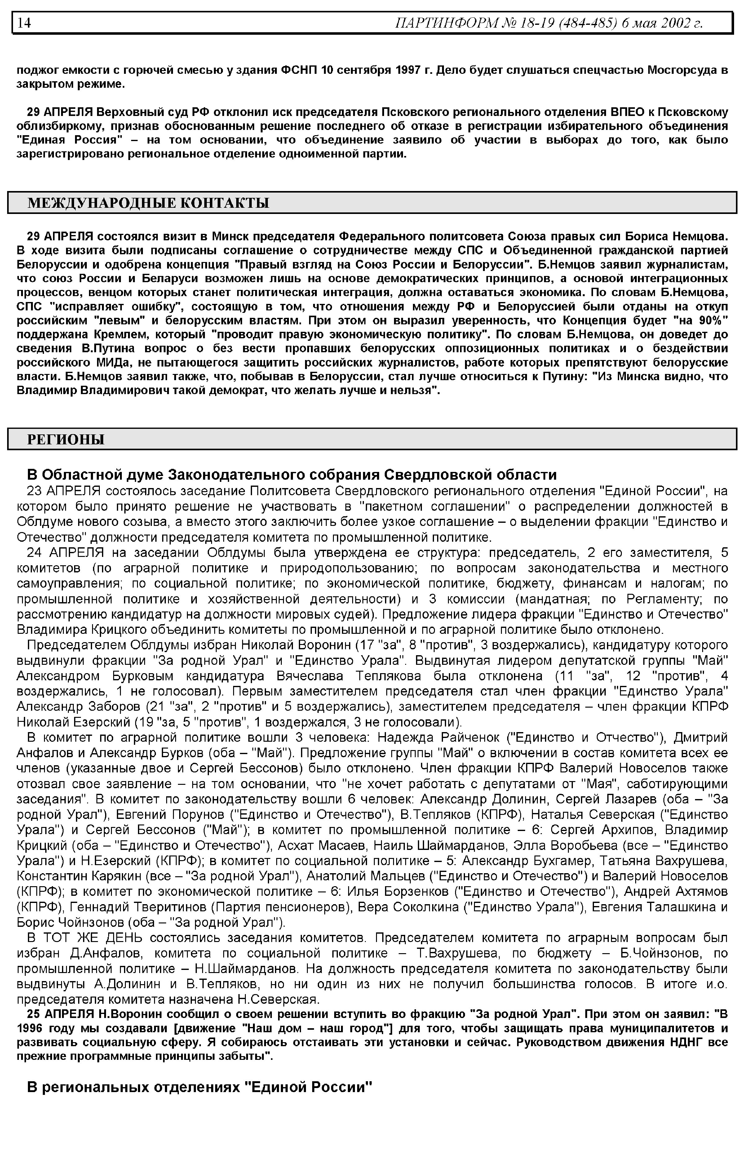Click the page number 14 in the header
(x=24, y=23)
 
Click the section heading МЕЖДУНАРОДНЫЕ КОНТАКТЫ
(x=148, y=202)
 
